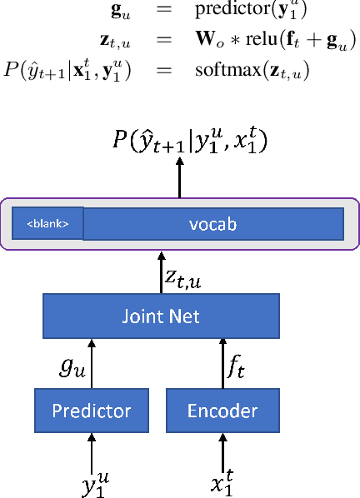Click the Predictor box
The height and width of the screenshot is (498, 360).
point(91,411)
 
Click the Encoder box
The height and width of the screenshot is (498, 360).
point(221,411)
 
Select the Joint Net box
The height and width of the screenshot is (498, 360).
point(160,316)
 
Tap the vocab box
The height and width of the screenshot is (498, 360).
point(213,223)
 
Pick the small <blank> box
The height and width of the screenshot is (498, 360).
point(47,223)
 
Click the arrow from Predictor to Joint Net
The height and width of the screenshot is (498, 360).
point(91,364)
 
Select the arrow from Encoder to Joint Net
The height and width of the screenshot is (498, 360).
point(222,364)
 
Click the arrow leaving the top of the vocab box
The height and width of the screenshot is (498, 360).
point(179,178)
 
